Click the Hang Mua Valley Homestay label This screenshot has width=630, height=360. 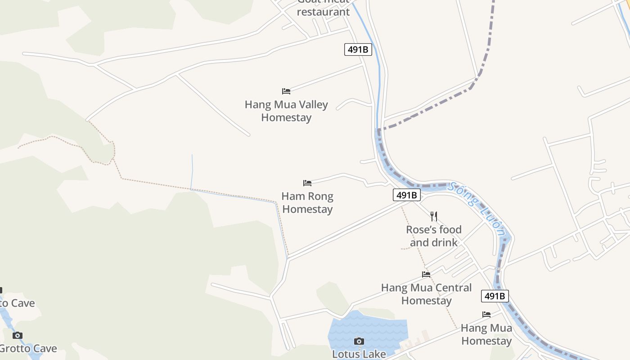pos(286,111)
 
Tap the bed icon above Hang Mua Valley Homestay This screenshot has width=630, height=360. pos(286,91)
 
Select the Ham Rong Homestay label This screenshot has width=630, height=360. pos(307,202)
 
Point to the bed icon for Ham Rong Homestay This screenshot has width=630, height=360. pos(307,183)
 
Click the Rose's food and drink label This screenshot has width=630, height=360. pos(434,236)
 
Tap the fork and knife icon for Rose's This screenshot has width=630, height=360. pos(434,216)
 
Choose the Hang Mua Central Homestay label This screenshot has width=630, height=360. pos(426,294)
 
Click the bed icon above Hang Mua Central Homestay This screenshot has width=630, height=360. pos(426,274)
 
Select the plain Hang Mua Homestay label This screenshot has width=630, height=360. pos(486,334)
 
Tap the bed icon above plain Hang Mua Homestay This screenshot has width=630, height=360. pos(486,315)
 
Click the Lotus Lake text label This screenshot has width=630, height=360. pos(359,354)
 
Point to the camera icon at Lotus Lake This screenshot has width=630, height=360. pos(359,341)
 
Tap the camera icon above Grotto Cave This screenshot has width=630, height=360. pos(18,335)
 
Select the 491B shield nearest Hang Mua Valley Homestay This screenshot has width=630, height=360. pos(358,49)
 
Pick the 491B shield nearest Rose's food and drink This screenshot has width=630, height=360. pos(407,195)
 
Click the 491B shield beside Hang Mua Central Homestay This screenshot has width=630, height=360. pos(495,296)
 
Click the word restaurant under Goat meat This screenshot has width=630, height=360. pos(323,12)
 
